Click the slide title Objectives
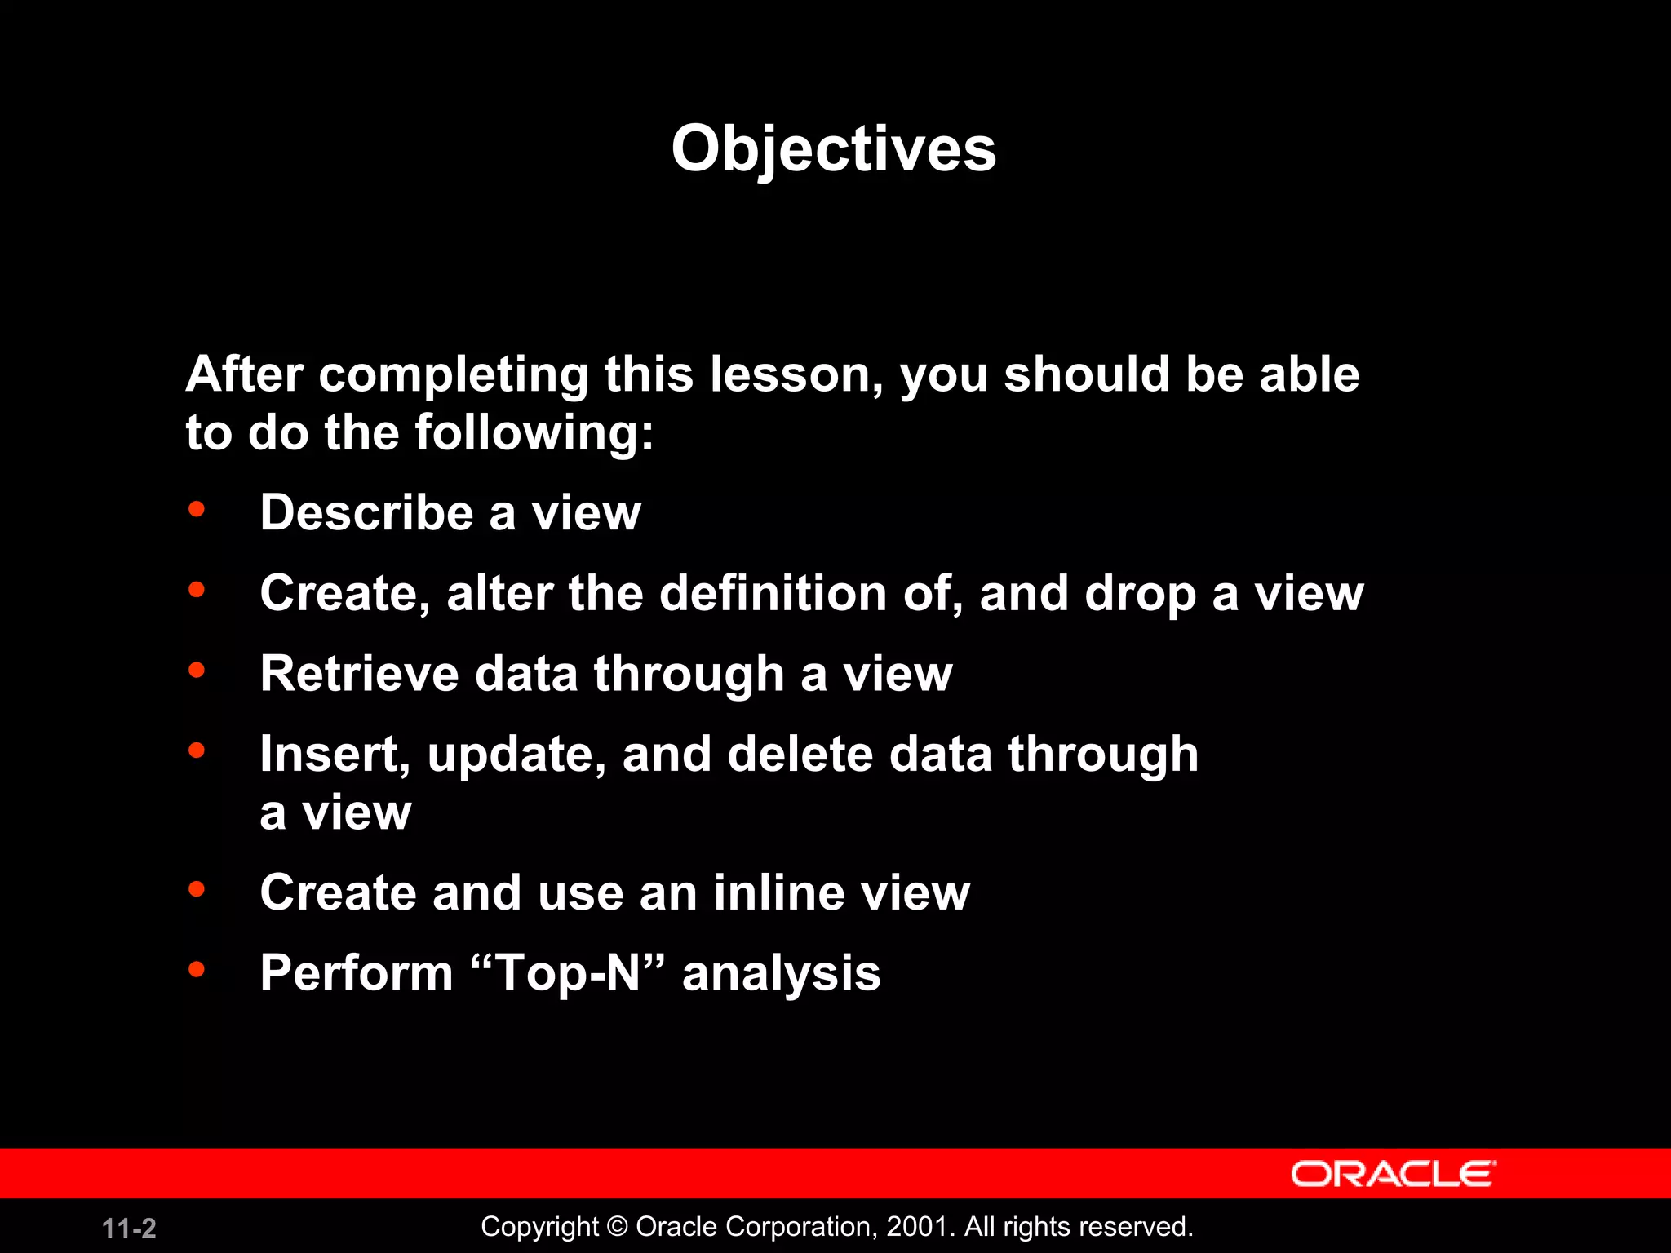[833, 149]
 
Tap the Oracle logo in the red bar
[1393, 1174]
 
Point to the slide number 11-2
[129, 1228]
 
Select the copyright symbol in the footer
[618, 1226]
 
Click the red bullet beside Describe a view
[197, 510]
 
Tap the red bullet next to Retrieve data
[197, 671]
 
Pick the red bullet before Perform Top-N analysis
[197, 970]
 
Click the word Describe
[366, 512]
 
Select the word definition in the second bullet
[772, 593]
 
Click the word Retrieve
[359, 674]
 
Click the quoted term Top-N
[569, 972]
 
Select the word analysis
[781, 974]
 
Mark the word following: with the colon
[534, 432]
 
